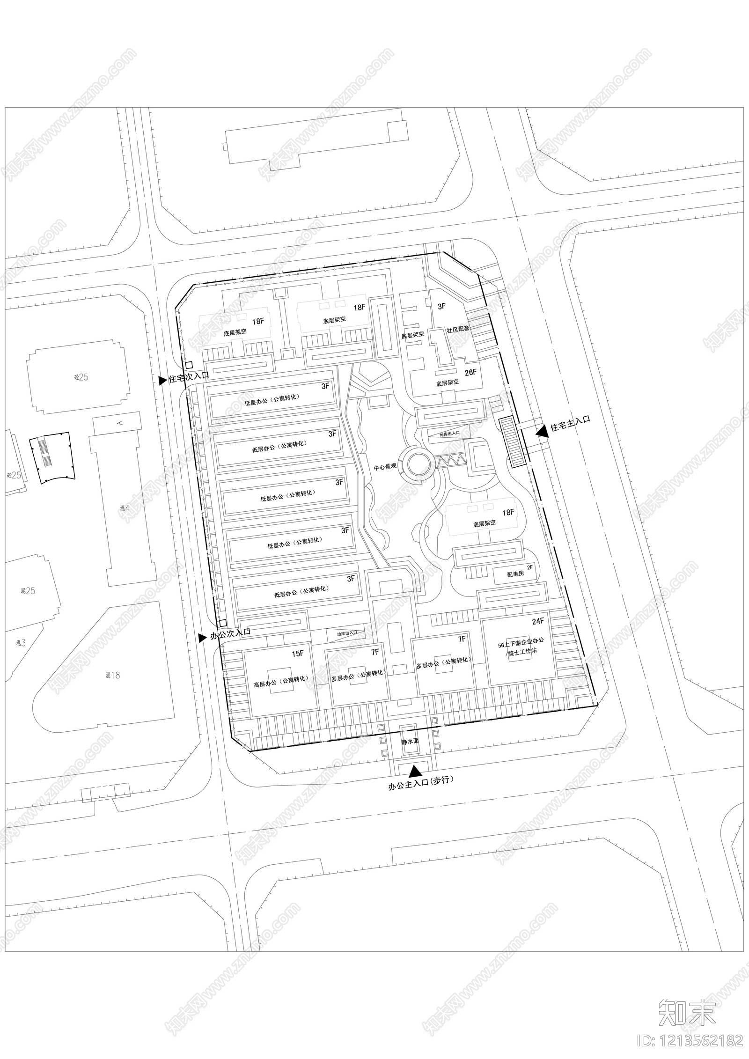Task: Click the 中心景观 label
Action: (x=385, y=466)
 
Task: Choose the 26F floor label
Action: (x=470, y=372)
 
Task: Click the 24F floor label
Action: (x=538, y=621)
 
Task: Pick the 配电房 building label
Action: (x=515, y=574)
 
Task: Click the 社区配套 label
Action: (x=458, y=329)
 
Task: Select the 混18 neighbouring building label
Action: (x=112, y=675)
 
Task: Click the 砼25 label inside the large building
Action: (x=81, y=377)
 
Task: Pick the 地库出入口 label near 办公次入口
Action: (x=347, y=633)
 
